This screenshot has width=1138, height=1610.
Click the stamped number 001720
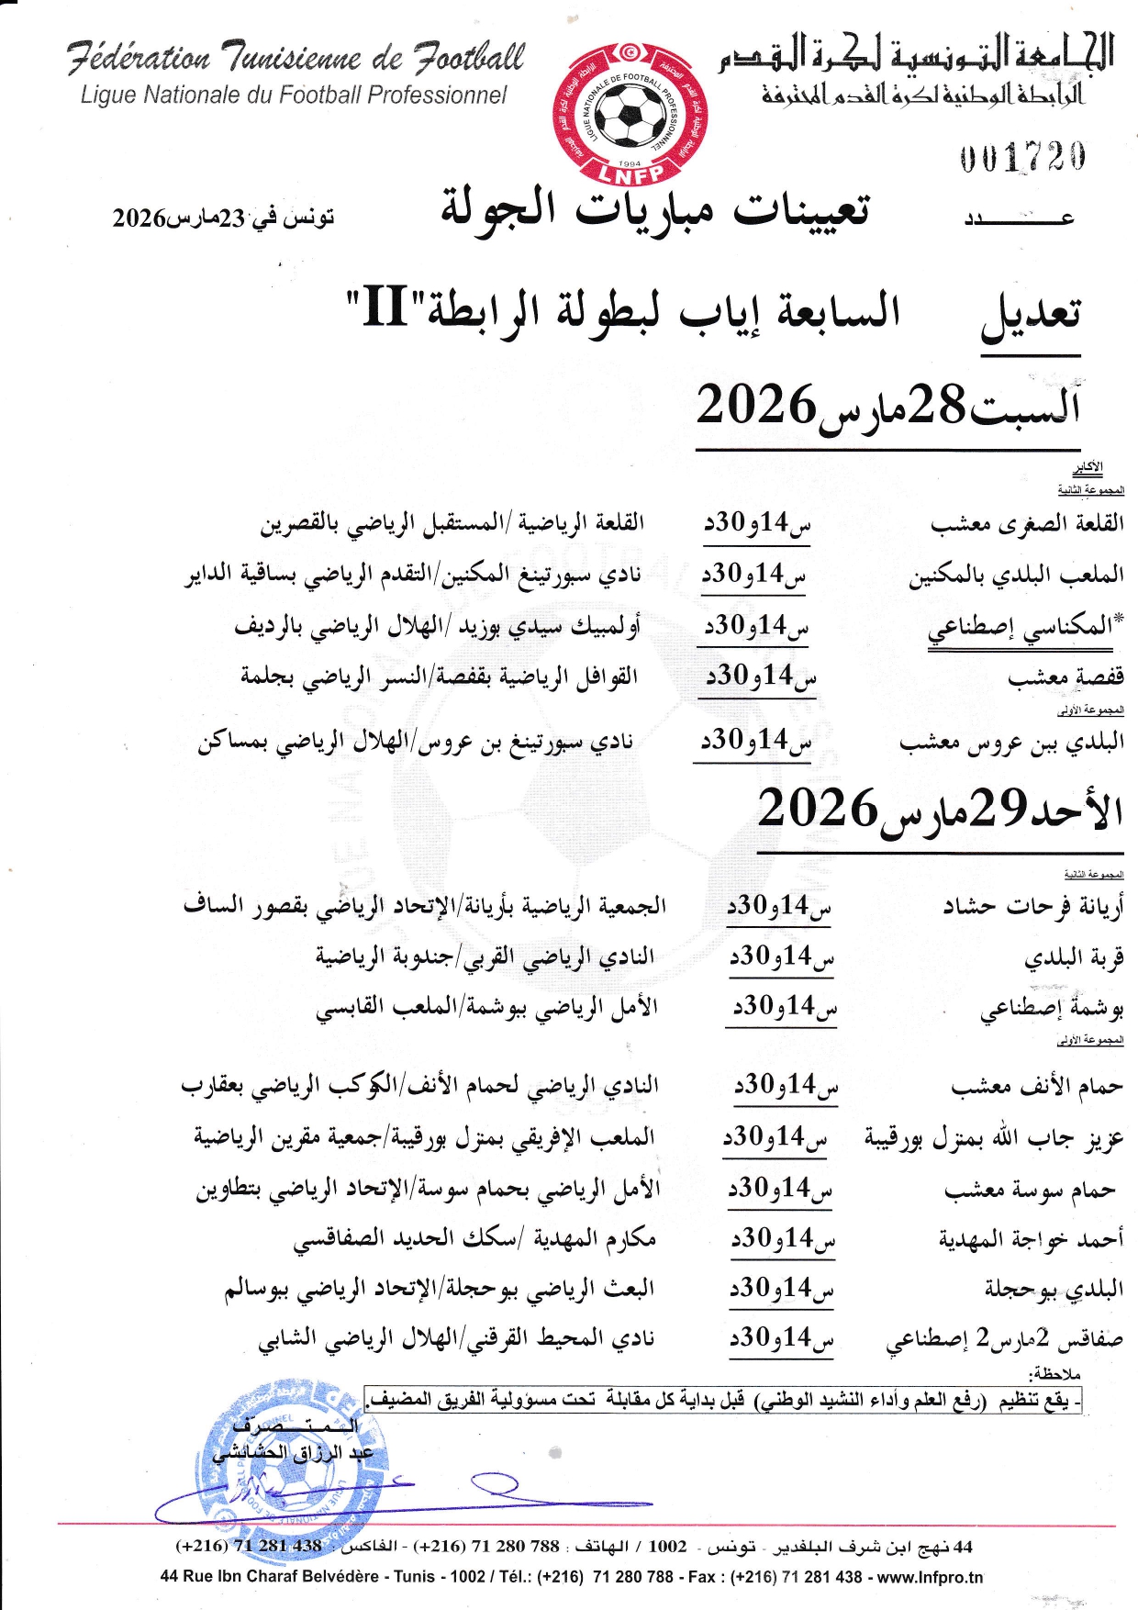pyautogui.click(x=1022, y=158)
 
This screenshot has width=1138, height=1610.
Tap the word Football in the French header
pyautogui.click(x=468, y=58)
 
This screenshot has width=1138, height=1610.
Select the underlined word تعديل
pyautogui.click(x=1031, y=317)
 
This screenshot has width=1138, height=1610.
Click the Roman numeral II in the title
pyautogui.click(x=385, y=307)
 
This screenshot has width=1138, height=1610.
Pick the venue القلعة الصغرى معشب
pyautogui.click(x=1027, y=524)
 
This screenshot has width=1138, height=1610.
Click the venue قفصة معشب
pyautogui.click(x=1065, y=678)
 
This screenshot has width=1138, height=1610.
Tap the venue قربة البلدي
pyautogui.click(x=1074, y=957)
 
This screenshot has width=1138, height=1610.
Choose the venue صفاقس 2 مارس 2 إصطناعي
pyautogui.click(x=1004, y=1340)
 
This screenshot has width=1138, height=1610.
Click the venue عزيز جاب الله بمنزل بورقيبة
pyautogui.click(x=994, y=1139)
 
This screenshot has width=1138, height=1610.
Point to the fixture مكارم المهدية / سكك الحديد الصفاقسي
pyautogui.click(x=474, y=1239)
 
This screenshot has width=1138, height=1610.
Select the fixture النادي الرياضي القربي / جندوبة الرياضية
pyautogui.click(x=485, y=957)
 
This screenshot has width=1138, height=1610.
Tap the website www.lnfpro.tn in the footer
pyautogui.click(x=930, y=1577)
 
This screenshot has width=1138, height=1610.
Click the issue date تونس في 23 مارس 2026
pyautogui.click(x=223, y=218)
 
